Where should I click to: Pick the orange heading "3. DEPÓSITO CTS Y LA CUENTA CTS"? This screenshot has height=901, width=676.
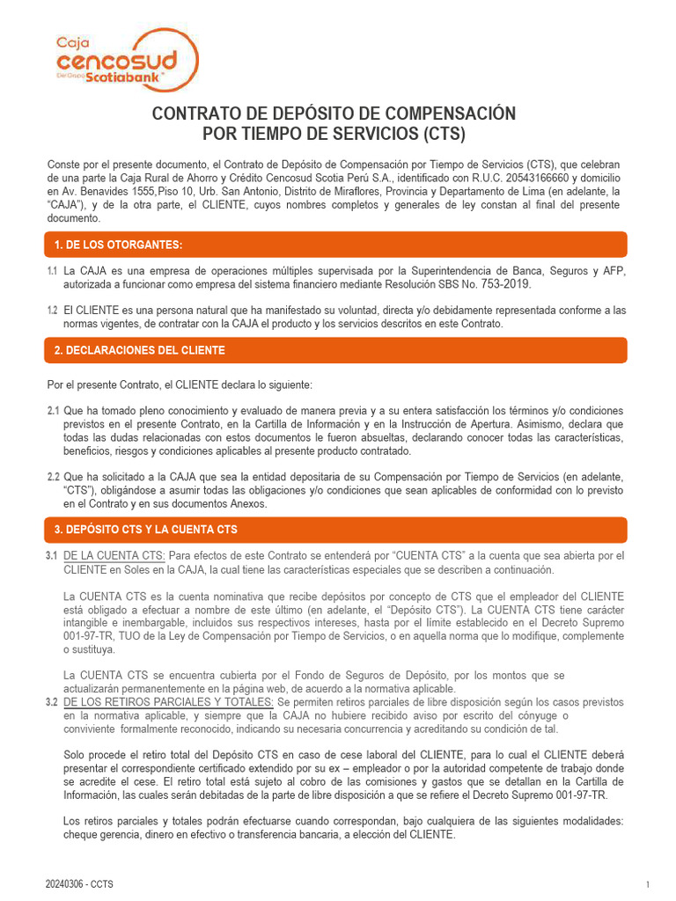click(x=144, y=530)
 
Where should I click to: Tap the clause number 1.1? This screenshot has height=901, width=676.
click(x=52, y=271)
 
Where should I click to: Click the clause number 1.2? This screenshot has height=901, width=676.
click(x=52, y=311)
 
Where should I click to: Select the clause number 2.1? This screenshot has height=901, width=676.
click(x=53, y=411)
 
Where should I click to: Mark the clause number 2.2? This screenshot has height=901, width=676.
click(x=53, y=477)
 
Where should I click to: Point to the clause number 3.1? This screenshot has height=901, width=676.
click(x=52, y=555)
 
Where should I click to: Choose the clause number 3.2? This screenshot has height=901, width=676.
click(x=52, y=702)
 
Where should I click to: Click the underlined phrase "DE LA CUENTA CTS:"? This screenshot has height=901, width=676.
click(x=115, y=555)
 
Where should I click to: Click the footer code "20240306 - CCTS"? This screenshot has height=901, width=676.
click(x=79, y=883)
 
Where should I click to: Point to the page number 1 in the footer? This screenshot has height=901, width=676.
click(x=647, y=884)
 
